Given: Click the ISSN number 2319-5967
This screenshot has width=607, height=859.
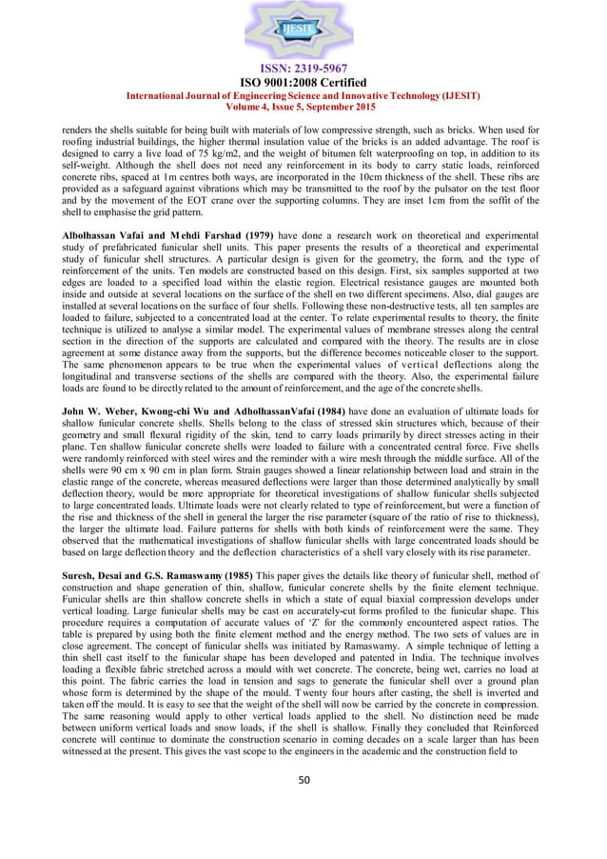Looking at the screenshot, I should click(x=303, y=70).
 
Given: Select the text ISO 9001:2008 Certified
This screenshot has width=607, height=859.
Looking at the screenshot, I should click(x=303, y=83).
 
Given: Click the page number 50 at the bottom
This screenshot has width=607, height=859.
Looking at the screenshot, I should click(x=303, y=805).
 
